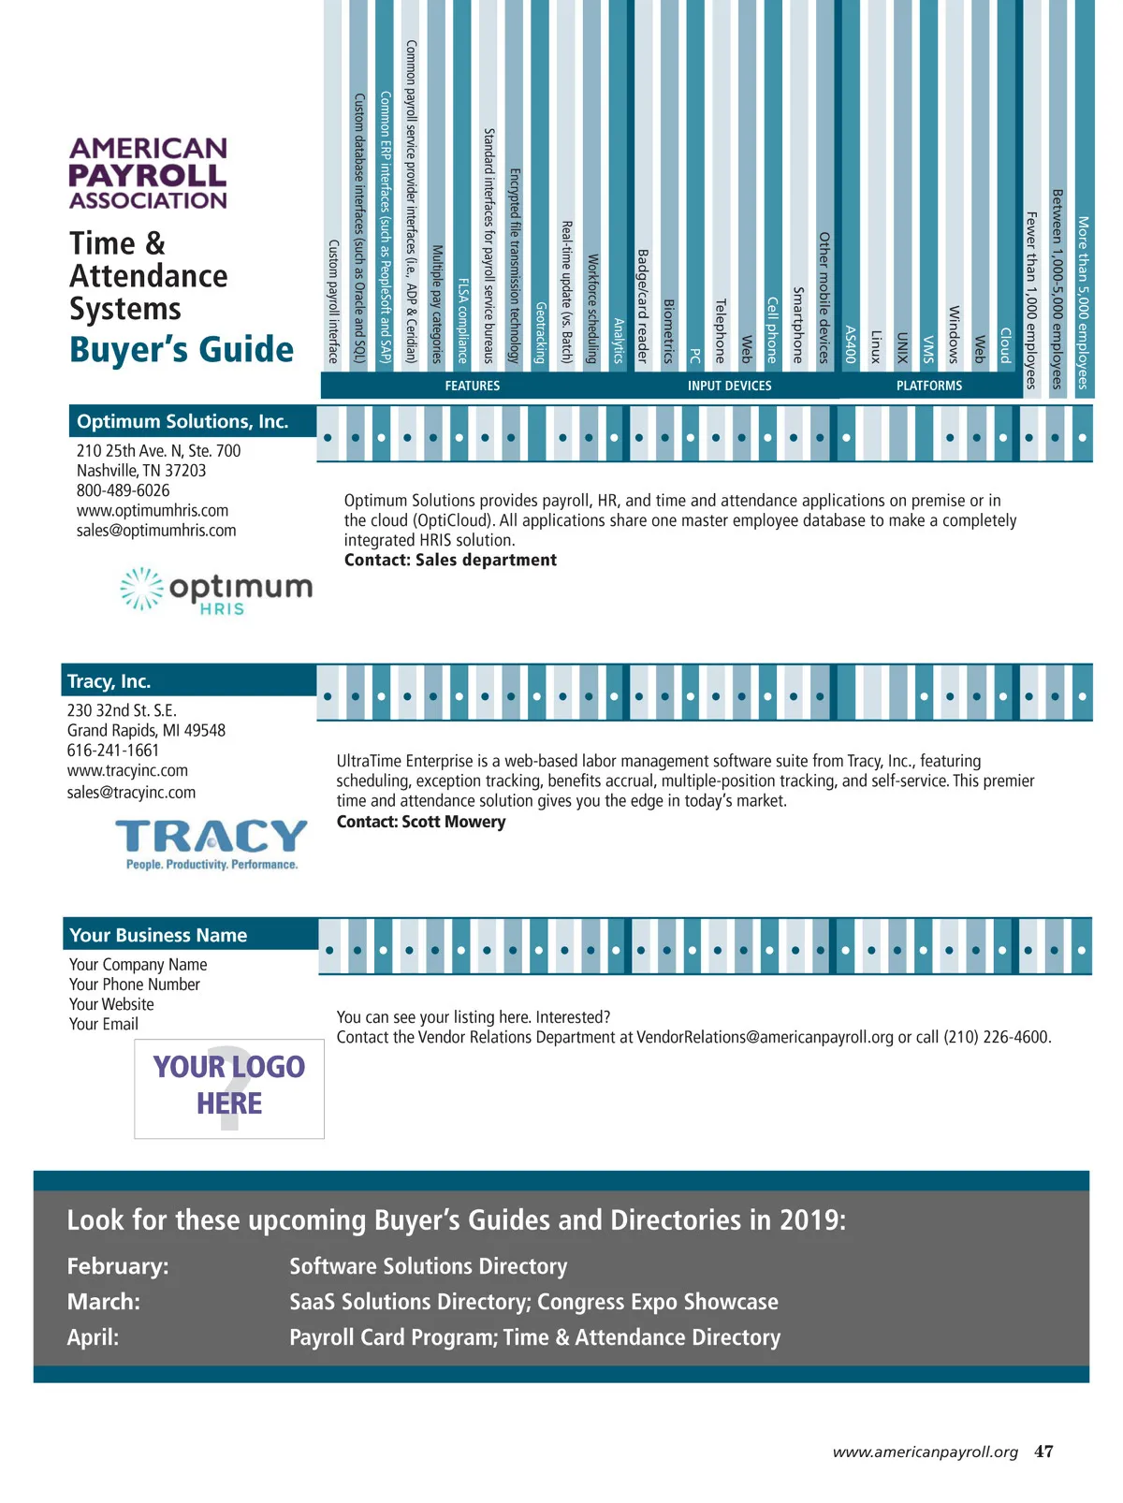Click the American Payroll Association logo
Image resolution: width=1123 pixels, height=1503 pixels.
148,173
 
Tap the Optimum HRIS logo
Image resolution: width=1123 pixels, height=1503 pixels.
217,591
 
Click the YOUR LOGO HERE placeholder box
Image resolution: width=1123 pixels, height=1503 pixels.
229,1087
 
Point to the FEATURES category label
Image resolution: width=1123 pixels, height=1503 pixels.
472,386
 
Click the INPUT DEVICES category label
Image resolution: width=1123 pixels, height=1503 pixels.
729,386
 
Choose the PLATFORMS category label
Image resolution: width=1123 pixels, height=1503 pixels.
928,386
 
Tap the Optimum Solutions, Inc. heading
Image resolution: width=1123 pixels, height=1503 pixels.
182,422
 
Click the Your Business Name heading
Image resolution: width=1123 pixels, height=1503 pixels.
158,935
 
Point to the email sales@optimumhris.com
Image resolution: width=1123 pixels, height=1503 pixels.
156,531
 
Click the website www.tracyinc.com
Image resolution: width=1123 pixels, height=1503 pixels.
127,770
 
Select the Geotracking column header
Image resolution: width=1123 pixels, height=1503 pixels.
540,332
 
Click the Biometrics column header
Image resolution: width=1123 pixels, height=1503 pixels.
668,331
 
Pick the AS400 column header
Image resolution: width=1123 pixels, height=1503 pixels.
850,343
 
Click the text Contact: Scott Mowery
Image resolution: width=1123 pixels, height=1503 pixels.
421,822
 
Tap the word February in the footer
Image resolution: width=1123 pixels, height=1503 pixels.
117,1266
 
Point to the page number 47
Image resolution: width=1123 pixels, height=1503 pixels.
1043,1452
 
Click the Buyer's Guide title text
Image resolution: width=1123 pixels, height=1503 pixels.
182,350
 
